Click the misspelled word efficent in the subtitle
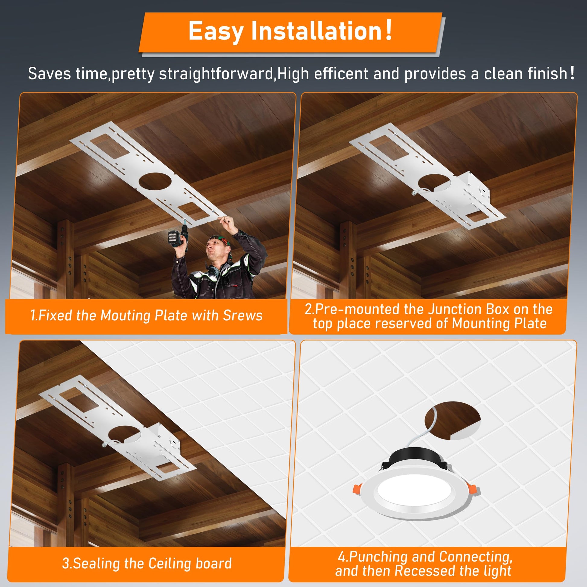(x=341, y=74)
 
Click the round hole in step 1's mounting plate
(x=155, y=182)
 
